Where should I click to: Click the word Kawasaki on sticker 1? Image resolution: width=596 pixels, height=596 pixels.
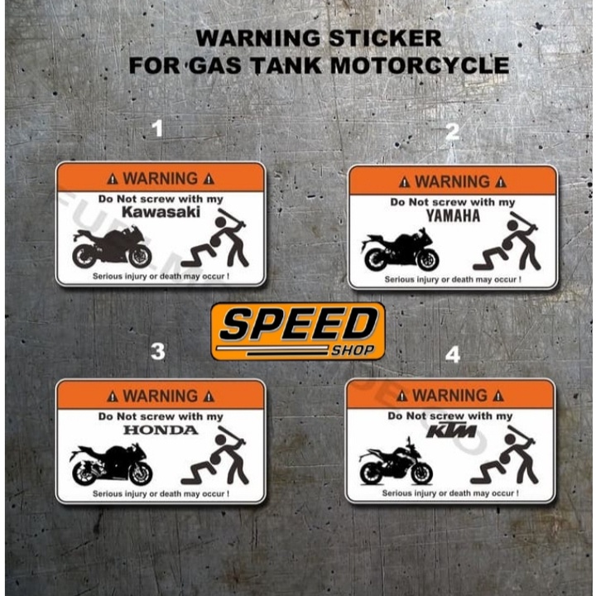click(x=161, y=212)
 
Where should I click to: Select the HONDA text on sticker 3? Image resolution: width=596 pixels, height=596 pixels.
click(x=161, y=430)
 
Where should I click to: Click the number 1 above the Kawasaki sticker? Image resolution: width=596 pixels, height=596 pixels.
click(x=158, y=128)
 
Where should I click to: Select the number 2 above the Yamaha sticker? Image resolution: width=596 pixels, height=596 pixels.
click(x=452, y=132)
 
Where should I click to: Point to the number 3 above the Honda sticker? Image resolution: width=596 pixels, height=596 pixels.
click(x=157, y=352)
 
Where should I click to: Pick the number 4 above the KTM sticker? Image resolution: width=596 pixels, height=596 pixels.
click(x=452, y=354)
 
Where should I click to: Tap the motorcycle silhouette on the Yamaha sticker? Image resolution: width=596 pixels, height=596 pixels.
click(x=401, y=250)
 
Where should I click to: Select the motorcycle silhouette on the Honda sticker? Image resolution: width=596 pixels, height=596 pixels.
click(x=111, y=464)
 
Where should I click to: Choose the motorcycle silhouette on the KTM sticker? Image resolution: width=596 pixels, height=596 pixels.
click(x=396, y=466)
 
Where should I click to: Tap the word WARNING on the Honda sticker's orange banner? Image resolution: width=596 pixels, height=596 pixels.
click(x=161, y=395)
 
